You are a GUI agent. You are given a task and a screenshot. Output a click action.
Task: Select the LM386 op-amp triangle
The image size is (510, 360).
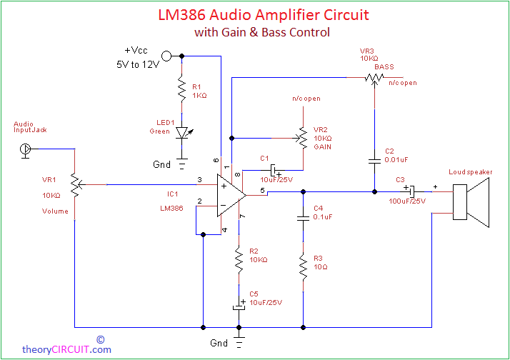[231, 195]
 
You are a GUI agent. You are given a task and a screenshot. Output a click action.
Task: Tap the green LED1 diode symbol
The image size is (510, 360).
[183, 133]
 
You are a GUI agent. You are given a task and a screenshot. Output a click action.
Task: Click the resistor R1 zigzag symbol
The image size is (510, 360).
[182, 89]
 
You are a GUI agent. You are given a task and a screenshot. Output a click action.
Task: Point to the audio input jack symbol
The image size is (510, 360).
[26, 151]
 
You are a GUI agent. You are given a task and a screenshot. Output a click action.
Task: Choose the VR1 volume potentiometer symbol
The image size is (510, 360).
[76, 186]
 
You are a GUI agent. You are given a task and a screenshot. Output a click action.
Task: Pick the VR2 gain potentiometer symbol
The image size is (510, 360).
[302, 138]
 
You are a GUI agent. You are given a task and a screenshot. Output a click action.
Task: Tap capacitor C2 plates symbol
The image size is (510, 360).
[374, 161]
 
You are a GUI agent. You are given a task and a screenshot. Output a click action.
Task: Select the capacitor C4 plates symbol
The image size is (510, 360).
[303, 218]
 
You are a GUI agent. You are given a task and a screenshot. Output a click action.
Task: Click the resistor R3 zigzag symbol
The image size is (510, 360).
[303, 268]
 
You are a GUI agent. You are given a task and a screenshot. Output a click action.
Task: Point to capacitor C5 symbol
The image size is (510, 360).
[239, 305]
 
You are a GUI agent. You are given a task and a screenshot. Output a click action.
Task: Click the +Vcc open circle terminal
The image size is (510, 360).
[166, 56]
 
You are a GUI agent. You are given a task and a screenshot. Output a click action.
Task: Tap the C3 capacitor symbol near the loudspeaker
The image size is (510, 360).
[411, 191]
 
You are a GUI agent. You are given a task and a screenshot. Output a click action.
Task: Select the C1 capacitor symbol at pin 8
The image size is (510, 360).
[275, 171]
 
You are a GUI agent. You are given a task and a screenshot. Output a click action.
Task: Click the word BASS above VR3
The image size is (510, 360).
[384, 67]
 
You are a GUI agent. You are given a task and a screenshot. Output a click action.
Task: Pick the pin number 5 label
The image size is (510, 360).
[262, 191]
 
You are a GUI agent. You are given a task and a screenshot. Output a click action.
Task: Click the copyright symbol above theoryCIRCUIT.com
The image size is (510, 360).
[101, 340]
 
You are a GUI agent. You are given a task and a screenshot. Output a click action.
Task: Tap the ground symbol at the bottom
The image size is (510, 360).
[239, 343]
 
